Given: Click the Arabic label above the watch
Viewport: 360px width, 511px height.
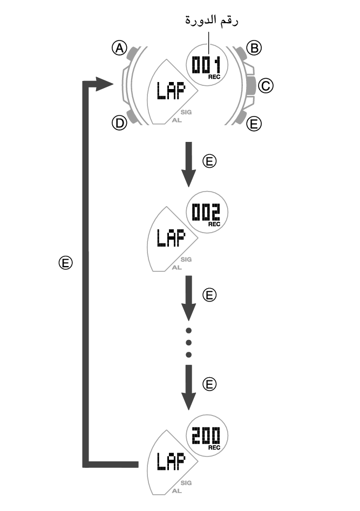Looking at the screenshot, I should pyautogui.click(x=212, y=21).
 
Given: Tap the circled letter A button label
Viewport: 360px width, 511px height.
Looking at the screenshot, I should pyautogui.click(x=119, y=49).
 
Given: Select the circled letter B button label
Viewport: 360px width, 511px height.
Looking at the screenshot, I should pyautogui.click(x=254, y=49).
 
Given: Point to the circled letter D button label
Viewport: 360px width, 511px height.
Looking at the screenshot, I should pyautogui.click(x=119, y=123).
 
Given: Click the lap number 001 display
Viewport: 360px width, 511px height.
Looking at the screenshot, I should pyautogui.click(x=207, y=66).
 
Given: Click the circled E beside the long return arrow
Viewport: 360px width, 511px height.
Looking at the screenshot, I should pyautogui.click(x=65, y=263).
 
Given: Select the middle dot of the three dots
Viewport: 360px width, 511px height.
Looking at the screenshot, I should pyautogui.click(x=189, y=342).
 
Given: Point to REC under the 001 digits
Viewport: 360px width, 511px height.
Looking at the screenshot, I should pyautogui.click(x=214, y=78).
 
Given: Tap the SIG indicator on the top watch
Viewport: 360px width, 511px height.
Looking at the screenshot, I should pyautogui.click(x=187, y=112).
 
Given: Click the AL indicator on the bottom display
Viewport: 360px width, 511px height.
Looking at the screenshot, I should pyautogui.click(x=176, y=490).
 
